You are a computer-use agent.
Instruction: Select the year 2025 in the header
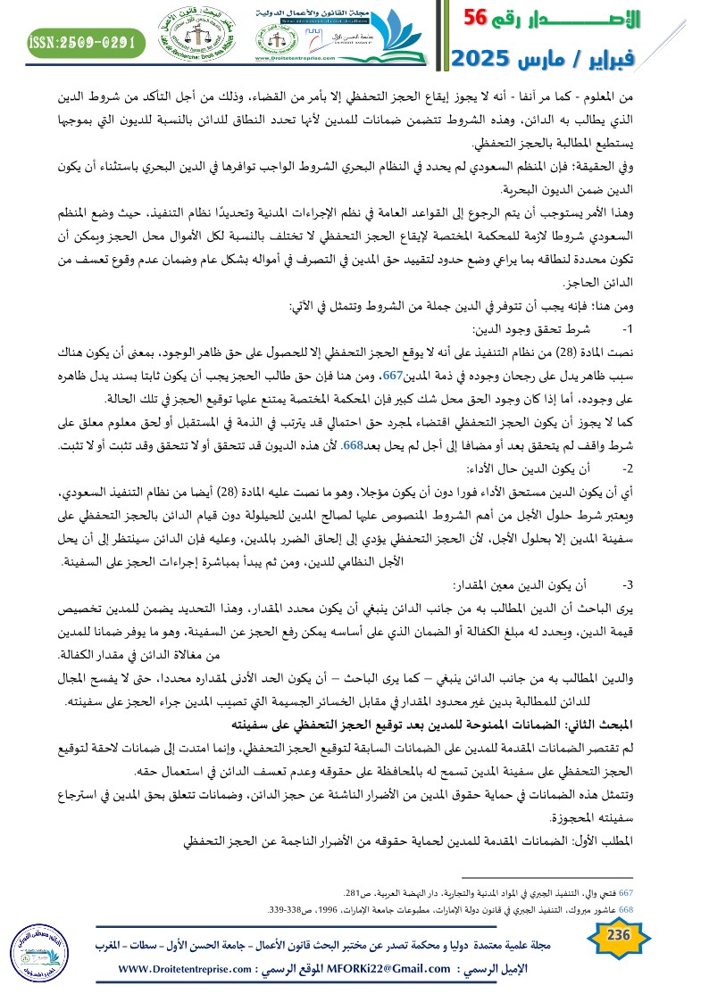483,58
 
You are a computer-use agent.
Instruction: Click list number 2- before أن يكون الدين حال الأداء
628,468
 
